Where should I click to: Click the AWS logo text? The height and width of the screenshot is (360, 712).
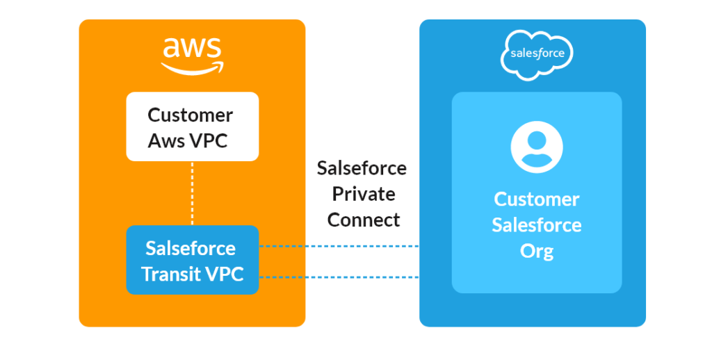point(192,49)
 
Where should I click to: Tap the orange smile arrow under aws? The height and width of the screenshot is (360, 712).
point(193,68)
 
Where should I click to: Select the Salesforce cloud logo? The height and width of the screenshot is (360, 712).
point(537,53)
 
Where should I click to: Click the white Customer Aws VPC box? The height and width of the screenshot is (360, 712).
point(192,126)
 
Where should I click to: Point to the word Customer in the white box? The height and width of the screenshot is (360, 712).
point(190,115)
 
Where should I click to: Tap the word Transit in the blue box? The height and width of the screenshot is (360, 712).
point(172,274)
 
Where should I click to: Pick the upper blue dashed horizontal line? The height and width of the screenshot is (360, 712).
point(339,246)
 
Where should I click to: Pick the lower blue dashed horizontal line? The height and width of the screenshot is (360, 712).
point(339,277)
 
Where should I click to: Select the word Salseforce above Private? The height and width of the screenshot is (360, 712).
point(362,168)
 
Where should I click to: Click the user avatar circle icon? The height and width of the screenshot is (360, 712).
point(536,147)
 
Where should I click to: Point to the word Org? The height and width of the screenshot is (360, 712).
point(536,250)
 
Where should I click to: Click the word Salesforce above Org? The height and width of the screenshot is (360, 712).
point(536,225)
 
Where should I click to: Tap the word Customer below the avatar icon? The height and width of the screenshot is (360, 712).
point(536,199)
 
